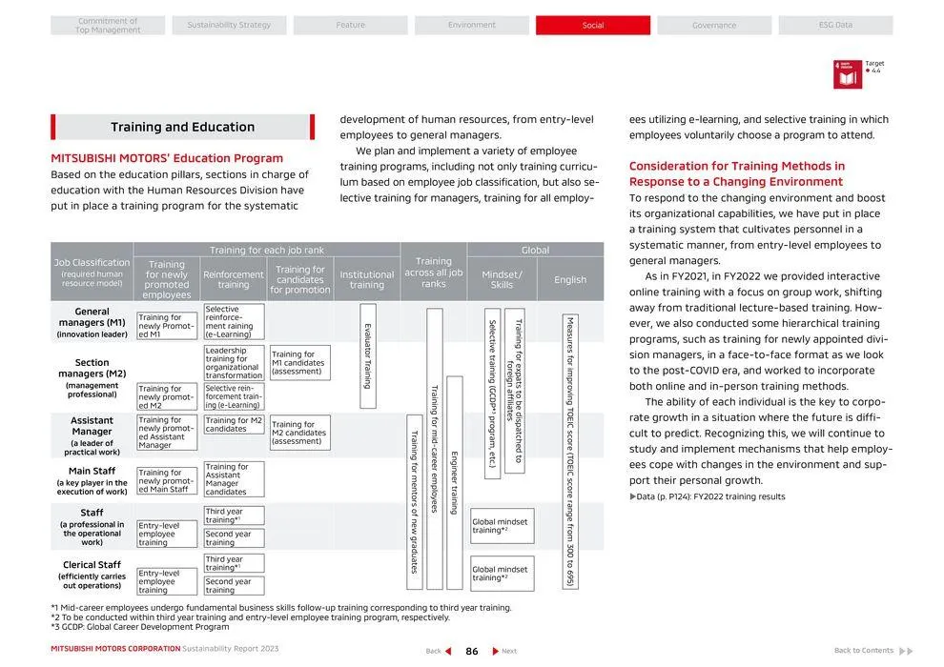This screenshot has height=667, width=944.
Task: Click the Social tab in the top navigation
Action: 592,25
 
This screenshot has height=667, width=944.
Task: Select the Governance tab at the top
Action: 714,25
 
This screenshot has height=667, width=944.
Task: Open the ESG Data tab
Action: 835,25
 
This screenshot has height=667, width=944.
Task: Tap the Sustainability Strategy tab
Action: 229,25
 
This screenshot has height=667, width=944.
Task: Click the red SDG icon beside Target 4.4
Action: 847,74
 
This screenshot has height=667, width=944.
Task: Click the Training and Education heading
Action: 182,127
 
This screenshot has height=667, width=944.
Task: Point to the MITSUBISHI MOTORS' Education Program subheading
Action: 167,158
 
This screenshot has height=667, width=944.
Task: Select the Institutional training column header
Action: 366,279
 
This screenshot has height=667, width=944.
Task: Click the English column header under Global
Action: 570,280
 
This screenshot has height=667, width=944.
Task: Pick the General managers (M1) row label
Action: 92,322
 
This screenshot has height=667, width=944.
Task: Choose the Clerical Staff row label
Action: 92,575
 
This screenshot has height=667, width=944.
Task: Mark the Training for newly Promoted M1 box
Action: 167,326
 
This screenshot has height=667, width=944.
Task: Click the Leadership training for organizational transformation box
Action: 234,363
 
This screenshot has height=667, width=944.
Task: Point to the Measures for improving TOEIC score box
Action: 569,452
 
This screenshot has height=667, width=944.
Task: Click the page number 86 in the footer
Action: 471,651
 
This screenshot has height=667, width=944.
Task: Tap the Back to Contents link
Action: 864,651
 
